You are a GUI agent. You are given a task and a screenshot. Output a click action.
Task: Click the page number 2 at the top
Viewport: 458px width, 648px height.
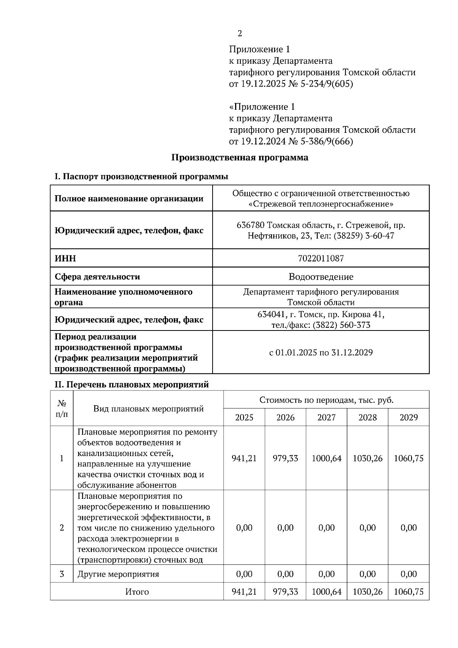[x=240, y=34]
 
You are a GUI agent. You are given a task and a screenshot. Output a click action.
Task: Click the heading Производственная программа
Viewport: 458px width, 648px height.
[x=239, y=157]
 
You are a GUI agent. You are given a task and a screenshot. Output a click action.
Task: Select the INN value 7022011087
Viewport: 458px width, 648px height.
[x=321, y=258]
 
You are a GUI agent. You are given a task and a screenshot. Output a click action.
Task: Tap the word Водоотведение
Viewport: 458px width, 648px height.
[x=321, y=276]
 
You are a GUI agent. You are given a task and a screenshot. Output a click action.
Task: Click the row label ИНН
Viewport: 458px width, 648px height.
[x=65, y=258]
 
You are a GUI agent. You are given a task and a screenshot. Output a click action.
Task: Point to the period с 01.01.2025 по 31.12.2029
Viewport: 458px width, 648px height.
[x=321, y=352]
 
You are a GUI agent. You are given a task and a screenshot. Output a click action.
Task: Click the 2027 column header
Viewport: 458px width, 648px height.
[x=326, y=417]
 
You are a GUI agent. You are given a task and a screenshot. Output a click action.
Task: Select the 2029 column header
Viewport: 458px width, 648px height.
[x=408, y=417]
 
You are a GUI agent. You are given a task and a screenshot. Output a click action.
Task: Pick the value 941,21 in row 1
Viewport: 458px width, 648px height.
[x=244, y=458]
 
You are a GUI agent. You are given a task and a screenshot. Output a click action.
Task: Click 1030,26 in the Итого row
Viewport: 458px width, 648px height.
[x=367, y=592]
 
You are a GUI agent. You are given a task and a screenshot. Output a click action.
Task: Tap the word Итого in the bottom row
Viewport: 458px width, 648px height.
[x=137, y=592]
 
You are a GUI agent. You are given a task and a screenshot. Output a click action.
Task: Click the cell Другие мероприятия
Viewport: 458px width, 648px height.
[x=118, y=574]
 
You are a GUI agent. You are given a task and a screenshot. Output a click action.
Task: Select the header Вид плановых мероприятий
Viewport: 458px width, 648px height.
[x=148, y=408]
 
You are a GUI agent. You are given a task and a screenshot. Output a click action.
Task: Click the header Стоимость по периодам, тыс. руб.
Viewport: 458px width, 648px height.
[x=326, y=400]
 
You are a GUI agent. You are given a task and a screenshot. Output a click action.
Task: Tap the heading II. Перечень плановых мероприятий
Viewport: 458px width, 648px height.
[x=132, y=384]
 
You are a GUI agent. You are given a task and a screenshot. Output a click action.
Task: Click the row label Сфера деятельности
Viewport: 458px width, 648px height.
[x=97, y=276]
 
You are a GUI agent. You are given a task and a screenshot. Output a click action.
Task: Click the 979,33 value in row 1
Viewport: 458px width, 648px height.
[x=285, y=458]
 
